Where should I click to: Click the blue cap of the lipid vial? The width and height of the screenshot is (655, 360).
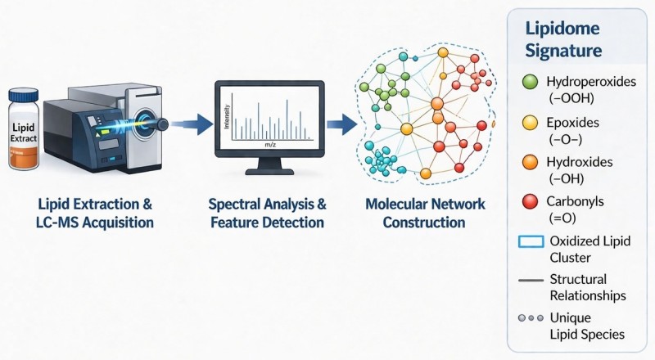[24, 96]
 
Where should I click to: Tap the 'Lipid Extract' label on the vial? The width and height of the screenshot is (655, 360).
[24, 133]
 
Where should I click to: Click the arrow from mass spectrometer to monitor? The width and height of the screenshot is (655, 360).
[192, 124]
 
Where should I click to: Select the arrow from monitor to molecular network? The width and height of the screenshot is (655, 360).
[341, 124]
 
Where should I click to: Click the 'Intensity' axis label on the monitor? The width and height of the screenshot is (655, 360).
[228, 116]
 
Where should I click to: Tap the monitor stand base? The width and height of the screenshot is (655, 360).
[269, 172]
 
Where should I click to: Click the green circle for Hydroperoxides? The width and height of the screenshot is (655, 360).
[530, 82]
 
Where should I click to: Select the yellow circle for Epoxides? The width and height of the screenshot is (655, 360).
[530, 123]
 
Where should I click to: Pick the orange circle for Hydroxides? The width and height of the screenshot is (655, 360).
[530, 162]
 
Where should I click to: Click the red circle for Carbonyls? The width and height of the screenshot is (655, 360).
[530, 201]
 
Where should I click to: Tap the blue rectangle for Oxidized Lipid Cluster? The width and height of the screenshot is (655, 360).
[531, 242]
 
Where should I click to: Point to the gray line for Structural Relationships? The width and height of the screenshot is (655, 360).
[531, 280]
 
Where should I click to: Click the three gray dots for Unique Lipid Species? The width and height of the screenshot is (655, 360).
[531, 318]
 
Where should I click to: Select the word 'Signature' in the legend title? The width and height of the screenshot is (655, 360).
[563, 51]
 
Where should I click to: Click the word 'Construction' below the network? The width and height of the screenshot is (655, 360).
[424, 223]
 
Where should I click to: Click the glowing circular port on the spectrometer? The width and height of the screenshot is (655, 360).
[145, 122]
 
